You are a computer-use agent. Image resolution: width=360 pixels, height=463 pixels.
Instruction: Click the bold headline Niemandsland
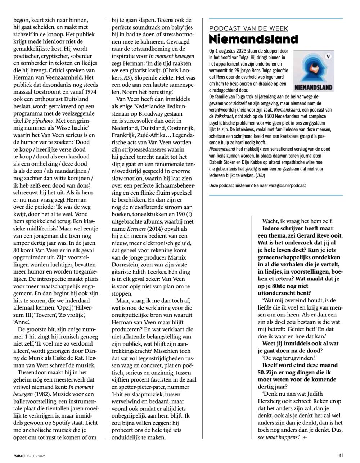pos(253,39)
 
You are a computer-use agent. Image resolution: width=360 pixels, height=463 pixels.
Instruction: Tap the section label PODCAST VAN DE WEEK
pos(248,28)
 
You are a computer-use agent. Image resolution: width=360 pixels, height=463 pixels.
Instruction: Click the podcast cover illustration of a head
pos(313,70)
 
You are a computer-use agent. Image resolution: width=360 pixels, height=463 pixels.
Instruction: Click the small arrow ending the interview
pos(305,437)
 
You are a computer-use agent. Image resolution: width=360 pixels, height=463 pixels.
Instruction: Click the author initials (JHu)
pos(259,175)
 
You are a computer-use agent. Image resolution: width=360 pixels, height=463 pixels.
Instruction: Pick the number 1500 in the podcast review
pos(283,117)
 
